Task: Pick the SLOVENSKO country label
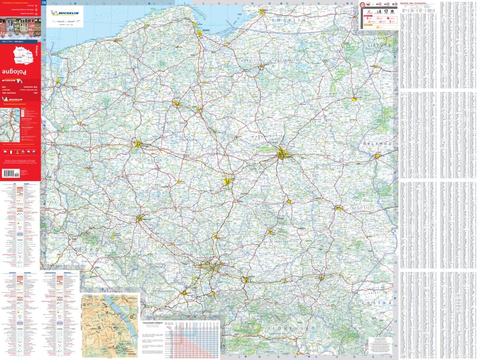pyautogui.click(x=291, y=328)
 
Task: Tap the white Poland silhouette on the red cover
pyautogui.click(x=22, y=55)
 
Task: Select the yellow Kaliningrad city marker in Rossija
pyautogui.click(x=262, y=12)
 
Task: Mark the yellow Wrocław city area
pyautogui.click(x=140, y=218)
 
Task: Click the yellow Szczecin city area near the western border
pyautogui.click(x=59, y=81)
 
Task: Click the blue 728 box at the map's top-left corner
pyautogui.click(x=44, y=3)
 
